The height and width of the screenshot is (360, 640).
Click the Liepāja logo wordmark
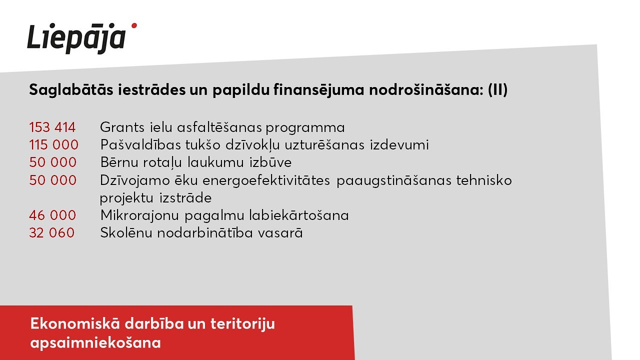[x=76, y=38]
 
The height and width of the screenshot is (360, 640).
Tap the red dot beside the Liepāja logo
[x=133, y=25]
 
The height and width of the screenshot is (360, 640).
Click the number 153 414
[x=52, y=127]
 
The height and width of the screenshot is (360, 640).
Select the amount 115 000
[x=53, y=145]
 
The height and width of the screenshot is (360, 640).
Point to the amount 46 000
[x=52, y=215]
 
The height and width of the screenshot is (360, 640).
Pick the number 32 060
[x=51, y=233]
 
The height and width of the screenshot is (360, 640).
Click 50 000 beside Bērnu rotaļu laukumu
[x=53, y=162]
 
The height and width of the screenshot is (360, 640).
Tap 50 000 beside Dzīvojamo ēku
[x=53, y=180]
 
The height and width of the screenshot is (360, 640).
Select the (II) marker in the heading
[x=497, y=89]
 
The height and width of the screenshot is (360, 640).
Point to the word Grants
[x=122, y=127]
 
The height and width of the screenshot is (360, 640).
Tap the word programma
[x=305, y=128]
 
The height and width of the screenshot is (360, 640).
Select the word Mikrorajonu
[x=139, y=215]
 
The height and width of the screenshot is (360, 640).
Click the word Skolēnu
[x=126, y=233]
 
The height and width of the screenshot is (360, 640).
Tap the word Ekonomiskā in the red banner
[x=75, y=324]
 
